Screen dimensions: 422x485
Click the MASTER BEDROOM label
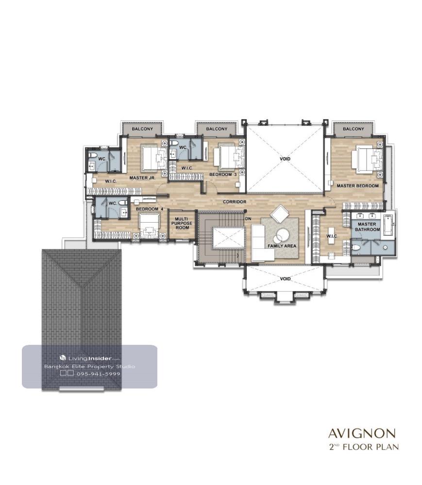[x=357, y=186]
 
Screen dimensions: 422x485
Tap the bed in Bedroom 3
[x=231, y=157]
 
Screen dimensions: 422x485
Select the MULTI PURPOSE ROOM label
[x=182, y=223]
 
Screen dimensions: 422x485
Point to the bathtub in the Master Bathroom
[x=388, y=225]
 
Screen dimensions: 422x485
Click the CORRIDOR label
[x=235, y=202]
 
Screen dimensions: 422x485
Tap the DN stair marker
[x=248, y=219]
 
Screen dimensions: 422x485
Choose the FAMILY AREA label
[x=282, y=246]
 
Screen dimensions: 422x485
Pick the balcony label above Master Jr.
[x=142, y=129]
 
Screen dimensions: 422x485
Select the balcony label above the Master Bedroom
[x=353, y=129]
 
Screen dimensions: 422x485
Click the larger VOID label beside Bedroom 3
[x=285, y=159]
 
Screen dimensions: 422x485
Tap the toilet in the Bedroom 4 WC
[x=123, y=203]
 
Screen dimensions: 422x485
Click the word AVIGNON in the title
[x=362, y=433]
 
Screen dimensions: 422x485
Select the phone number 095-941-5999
[x=98, y=373]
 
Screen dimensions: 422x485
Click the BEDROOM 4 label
[x=149, y=209]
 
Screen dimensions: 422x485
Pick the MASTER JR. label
[x=142, y=178]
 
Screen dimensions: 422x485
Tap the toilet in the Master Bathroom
[x=356, y=247]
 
